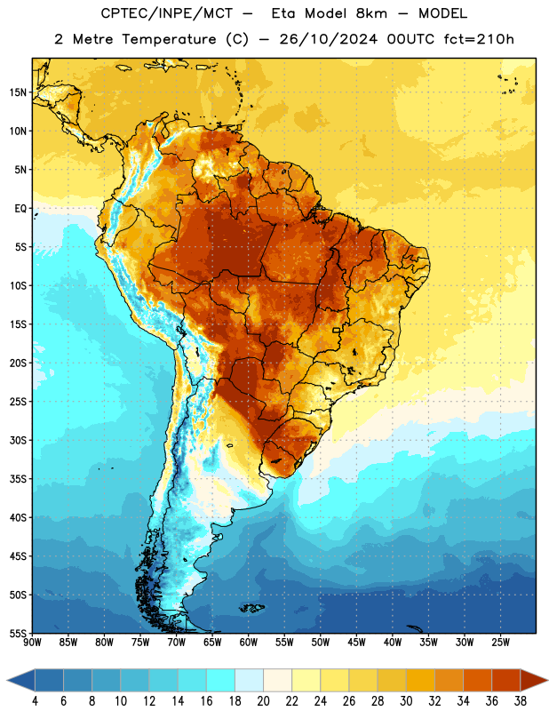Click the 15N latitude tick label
pyautogui.click(x=18, y=92)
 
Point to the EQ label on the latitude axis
pyautogui.click(x=20, y=209)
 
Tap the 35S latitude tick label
pyautogui.click(x=18, y=479)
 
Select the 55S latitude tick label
pyautogui.click(x=18, y=634)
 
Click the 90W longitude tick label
pyautogui.click(x=32, y=643)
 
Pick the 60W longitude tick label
pyautogui.click(x=249, y=643)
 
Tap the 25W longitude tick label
pyautogui.click(x=500, y=643)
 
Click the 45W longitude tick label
pyautogui.click(x=356, y=643)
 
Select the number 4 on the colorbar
pyautogui.click(x=35, y=701)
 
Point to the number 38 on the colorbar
pyautogui.click(x=521, y=701)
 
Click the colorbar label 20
pyautogui.click(x=263, y=701)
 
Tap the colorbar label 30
pyautogui.click(x=406, y=701)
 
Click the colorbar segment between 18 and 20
pyautogui.click(x=249, y=681)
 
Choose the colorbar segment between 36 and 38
pyautogui.click(x=506, y=681)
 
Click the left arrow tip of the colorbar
pyautogui.click(x=7, y=681)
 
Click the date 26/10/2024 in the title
pyautogui.click(x=328, y=39)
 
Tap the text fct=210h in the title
pyautogui.click(x=479, y=39)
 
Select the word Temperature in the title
pyautogui.click(x=169, y=39)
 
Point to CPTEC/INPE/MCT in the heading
pyautogui.click(x=166, y=13)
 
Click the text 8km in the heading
pyautogui.click(x=371, y=13)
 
